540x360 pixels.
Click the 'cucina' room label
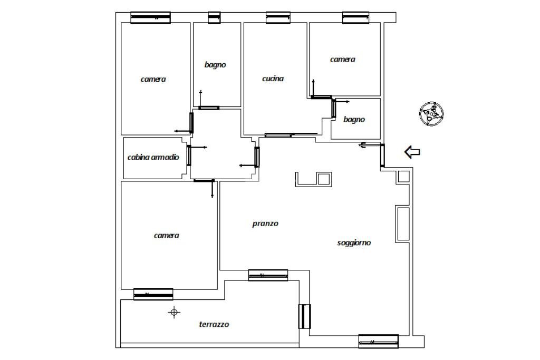[273, 79]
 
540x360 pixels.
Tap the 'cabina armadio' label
[153, 157]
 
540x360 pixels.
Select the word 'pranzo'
[265, 223]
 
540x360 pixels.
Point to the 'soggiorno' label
[354, 242]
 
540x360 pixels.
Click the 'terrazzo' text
[214, 324]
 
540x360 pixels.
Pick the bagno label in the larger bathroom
[215, 65]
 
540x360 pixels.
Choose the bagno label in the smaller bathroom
[354, 119]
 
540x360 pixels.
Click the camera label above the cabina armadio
[153, 79]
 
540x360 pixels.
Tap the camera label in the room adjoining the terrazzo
[166, 235]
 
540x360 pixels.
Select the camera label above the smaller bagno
[342, 60]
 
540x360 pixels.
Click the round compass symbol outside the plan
[431, 113]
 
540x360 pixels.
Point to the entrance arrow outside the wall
[412, 152]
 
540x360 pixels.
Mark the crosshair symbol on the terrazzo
[173, 313]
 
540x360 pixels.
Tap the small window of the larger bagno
[214, 18]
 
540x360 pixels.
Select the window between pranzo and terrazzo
[268, 275]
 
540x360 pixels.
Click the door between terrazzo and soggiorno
[304, 316]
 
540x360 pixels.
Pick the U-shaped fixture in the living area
[313, 179]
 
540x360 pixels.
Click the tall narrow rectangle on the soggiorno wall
[402, 223]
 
